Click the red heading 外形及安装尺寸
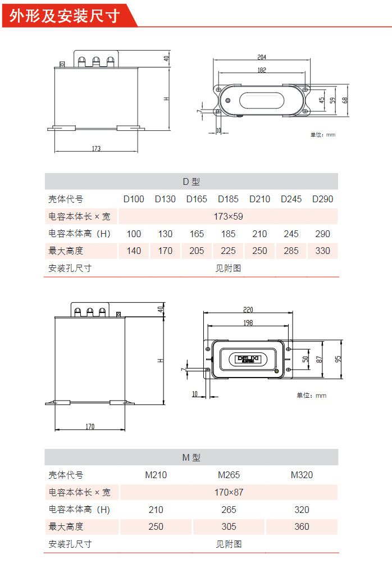click(x=65, y=15)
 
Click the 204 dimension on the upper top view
click(x=262, y=57)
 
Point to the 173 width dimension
click(x=96, y=149)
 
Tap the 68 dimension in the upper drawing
click(x=345, y=100)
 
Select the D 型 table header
click(x=191, y=181)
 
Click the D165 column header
click(x=197, y=199)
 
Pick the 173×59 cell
click(x=229, y=216)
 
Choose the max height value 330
click(x=323, y=251)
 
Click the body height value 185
click(x=228, y=234)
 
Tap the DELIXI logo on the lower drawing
click(x=247, y=358)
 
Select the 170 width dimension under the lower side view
click(x=90, y=427)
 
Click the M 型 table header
click(x=191, y=458)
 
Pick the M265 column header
click(x=229, y=475)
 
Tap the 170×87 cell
click(x=229, y=492)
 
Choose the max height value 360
click(x=302, y=526)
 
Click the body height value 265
click(x=229, y=510)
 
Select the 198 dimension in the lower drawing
click(x=248, y=323)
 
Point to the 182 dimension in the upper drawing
click(x=262, y=70)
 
